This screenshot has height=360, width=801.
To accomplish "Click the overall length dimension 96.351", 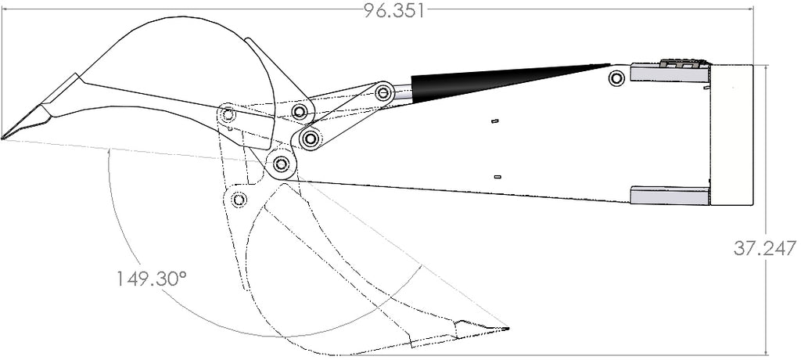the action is pyautogui.click(x=394, y=11).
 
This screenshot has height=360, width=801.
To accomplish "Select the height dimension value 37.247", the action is pyautogui.click(x=765, y=249).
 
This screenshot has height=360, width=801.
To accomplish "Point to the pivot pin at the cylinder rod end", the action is pyautogui.click(x=383, y=93).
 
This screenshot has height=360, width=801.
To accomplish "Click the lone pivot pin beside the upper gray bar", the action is pyautogui.click(x=616, y=78).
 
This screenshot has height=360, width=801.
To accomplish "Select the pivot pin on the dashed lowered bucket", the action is pyautogui.click(x=239, y=199).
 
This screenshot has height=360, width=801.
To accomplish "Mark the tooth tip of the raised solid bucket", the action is pyautogui.click(x=3, y=138).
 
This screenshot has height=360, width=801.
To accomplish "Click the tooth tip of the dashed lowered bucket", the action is pyautogui.click(x=508, y=328).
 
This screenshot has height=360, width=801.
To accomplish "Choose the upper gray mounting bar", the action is pyautogui.click(x=670, y=72).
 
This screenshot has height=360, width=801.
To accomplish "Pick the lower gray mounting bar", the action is pyautogui.click(x=670, y=196).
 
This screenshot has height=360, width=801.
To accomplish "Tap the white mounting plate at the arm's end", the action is pyautogui.click(x=731, y=135).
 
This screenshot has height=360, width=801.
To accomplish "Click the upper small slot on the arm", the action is pyautogui.click(x=494, y=121).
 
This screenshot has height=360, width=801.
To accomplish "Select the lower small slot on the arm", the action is pyautogui.click(x=497, y=177).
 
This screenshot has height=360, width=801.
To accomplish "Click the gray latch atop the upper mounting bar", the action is pyautogui.click(x=684, y=63).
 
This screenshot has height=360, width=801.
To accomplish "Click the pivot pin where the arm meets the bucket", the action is pyautogui.click(x=279, y=164).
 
